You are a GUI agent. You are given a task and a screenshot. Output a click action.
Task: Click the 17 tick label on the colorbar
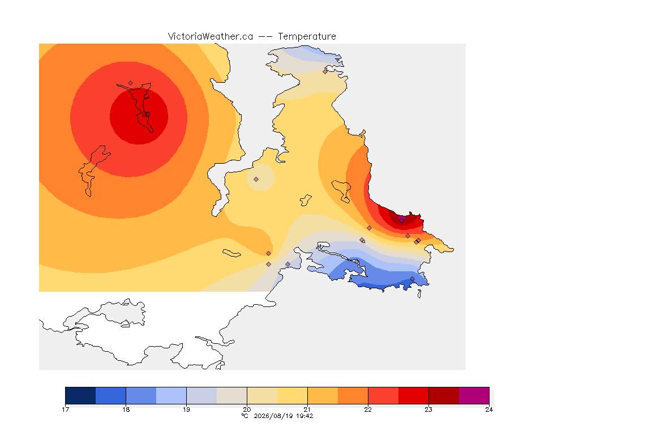65,410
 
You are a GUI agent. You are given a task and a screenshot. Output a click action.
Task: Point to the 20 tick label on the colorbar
247,410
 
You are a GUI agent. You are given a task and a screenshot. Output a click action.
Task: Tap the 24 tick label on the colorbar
489,410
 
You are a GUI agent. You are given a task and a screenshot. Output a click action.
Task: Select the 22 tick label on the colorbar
368,410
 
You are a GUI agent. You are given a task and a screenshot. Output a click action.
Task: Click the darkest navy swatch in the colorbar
81,395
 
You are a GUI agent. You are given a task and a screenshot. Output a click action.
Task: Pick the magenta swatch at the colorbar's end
474,395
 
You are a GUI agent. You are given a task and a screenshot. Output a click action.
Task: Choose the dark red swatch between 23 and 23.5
444,395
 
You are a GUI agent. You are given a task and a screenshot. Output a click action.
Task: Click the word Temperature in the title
307,37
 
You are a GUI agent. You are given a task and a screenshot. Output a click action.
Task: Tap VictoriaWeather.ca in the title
211,37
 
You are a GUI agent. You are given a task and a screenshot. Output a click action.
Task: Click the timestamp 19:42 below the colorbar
304,416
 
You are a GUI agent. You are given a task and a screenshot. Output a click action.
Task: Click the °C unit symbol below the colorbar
244,416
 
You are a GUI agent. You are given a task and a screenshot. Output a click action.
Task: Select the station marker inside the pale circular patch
256,180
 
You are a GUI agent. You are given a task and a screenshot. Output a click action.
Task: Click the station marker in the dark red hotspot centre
147,114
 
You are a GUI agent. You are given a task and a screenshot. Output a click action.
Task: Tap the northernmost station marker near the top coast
325,71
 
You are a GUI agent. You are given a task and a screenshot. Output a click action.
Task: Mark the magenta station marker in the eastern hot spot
401,219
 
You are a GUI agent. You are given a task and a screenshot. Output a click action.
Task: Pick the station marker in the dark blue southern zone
412,279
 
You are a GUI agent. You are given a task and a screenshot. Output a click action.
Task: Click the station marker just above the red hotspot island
131,83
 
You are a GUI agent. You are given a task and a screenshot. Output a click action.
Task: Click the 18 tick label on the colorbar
126,410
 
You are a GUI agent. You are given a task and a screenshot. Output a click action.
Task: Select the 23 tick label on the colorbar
428,410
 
